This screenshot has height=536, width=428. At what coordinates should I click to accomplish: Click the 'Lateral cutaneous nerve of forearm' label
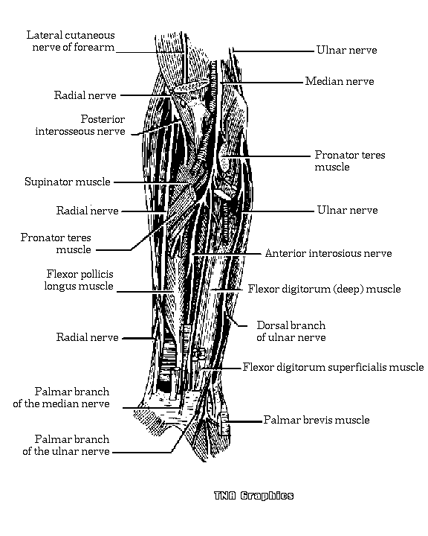coord(71,41)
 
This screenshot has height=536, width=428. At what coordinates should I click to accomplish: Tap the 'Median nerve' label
coord(340,81)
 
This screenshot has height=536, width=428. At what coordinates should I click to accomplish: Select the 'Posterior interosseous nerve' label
coord(80,125)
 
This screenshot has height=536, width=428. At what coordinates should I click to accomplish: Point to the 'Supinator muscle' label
coord(68,182)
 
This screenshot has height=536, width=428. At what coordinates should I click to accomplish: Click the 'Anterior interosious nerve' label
coord(328,253)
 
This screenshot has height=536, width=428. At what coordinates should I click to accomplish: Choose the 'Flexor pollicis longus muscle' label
coord(79,280)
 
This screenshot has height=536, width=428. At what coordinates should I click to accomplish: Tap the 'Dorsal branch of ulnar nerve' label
coord(291,331)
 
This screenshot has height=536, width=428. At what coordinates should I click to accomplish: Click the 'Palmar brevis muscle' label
coord(317,420)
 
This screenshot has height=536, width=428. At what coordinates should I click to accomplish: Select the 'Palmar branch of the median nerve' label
coord(62,398)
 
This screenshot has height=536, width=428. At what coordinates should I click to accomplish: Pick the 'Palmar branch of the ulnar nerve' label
coord(66,445)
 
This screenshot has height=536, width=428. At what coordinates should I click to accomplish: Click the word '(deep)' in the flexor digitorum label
coord(348,289)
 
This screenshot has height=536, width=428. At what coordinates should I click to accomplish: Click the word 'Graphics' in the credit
coord(267,496)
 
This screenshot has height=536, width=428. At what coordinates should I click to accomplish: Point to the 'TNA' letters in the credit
coord(225,496)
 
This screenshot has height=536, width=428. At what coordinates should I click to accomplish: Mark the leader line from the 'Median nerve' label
coord(262,83)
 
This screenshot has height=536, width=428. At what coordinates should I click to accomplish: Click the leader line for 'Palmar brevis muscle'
coord(244,421)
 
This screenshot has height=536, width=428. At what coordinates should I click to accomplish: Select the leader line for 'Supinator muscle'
coord(152,182)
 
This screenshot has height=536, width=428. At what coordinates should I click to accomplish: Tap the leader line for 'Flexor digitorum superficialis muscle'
coord(222,368)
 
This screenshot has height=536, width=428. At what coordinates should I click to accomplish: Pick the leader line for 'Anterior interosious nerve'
coord(227,254)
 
